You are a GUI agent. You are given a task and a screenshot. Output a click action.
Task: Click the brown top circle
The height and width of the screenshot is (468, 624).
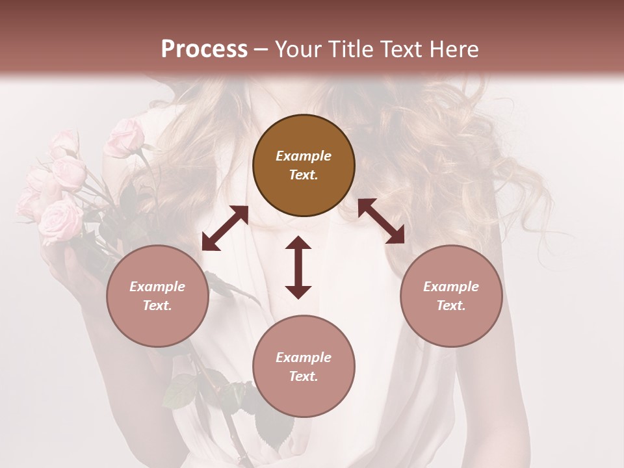304,166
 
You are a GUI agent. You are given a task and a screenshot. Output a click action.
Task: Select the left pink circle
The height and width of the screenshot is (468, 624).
157,296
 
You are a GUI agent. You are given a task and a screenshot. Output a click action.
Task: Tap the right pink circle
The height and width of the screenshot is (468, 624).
451,296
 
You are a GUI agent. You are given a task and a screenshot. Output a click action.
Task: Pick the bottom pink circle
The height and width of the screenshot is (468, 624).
304,367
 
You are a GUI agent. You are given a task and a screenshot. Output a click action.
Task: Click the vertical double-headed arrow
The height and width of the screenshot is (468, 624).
298,267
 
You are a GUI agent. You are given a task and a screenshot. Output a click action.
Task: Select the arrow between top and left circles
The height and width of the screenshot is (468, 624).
225,228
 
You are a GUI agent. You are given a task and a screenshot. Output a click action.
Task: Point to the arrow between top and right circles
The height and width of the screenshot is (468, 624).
381,221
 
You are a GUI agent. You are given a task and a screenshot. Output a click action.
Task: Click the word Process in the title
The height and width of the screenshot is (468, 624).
204,49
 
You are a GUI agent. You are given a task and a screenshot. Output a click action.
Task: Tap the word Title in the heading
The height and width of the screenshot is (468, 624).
350,49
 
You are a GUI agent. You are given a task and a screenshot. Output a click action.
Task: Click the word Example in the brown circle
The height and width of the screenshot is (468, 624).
304,156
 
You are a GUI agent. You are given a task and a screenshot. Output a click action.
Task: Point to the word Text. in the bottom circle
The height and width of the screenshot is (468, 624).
304,376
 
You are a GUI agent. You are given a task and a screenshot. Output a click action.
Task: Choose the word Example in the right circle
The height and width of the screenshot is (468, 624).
451,287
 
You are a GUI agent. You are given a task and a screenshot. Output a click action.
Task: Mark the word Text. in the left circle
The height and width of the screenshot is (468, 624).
157,305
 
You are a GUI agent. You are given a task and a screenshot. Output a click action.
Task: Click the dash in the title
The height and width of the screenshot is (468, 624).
261,49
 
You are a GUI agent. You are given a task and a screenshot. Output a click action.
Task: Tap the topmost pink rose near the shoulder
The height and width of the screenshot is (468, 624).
125,136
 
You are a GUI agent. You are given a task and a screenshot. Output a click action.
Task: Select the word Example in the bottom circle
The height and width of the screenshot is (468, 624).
304,357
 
